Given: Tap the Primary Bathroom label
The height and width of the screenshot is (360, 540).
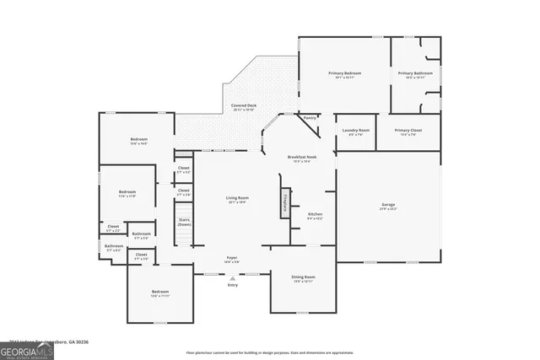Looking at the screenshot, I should pos(416,74).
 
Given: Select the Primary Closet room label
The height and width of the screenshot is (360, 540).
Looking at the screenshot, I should pos(408,131).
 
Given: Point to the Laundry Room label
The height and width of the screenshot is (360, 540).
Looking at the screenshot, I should pos(356,131).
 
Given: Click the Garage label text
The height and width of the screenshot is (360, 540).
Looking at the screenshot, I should pos(388,205).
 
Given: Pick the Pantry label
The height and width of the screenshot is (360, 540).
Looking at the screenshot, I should pos(310,118).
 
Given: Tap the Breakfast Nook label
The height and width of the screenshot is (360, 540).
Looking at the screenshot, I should pos(301,158).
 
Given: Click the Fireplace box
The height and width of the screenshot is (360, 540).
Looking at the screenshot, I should pos(285,202).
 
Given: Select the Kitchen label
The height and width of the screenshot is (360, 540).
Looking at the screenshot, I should pos(315,215).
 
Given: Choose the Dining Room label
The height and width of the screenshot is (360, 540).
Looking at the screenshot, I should pos(303,277).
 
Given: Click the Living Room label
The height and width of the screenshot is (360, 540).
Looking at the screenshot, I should pos(236,198).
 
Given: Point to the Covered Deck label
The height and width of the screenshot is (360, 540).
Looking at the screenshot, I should pos(245,105).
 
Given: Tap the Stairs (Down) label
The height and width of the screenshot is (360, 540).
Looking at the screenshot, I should pos(184,223).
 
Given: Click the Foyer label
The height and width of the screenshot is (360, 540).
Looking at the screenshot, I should pos(231,258).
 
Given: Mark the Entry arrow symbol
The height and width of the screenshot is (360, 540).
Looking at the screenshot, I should pos(233,277).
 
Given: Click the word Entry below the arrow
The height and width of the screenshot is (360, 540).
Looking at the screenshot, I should pos(233,285).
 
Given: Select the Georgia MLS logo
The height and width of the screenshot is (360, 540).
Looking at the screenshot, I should pos(27,348).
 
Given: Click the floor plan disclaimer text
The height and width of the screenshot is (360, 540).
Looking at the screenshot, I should pos(269,352).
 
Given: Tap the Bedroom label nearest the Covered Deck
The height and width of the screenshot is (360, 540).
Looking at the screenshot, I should pos(138,140).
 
